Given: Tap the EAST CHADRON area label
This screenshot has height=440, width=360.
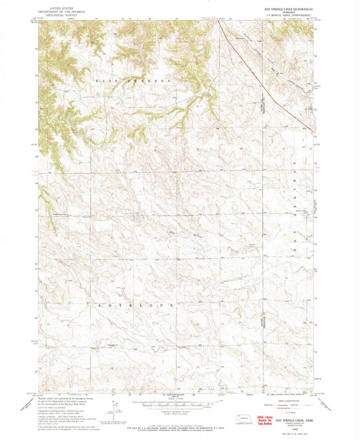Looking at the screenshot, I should [x=133, y=80].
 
